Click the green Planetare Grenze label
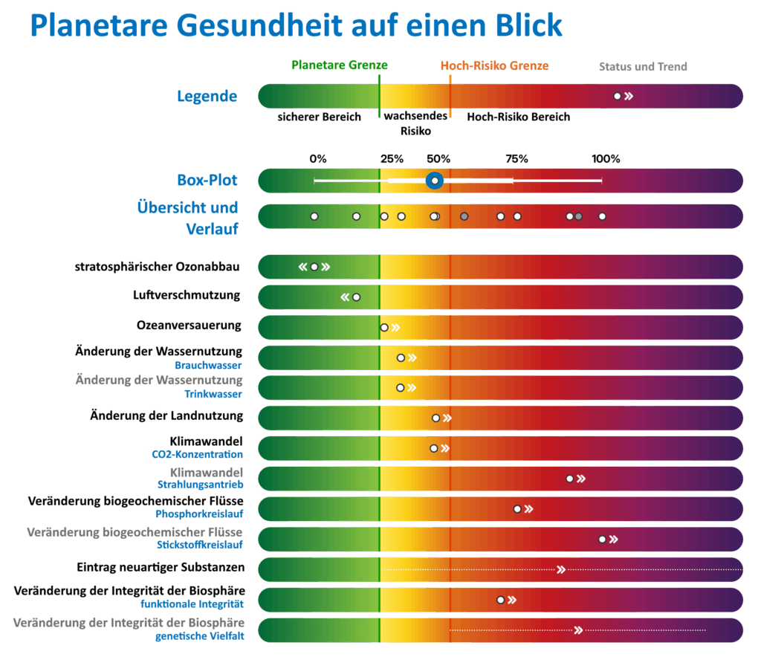[x=339, y=65]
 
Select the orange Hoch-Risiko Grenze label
[x=494, y=65]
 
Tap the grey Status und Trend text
[x=643, y=67]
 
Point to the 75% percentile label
[x=516, y=158]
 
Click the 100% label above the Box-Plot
[x=605, y=158]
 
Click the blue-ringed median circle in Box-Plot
[x=434, y=181]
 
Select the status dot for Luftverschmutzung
[x=356, y=297]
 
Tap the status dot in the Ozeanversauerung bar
[x=384, y=327]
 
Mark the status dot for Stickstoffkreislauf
[x=602, y=539]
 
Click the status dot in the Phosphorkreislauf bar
[x=517, y=509]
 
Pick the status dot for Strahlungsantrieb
[x=570, y=479]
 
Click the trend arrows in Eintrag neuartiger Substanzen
[x=561, y=569]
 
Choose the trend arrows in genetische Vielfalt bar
[x=577, y=630]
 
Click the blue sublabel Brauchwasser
[x=209, y=365]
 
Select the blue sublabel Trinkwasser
[x=213, y=395]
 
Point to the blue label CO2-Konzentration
[x=197, y=454]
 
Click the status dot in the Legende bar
[x=617, y=96]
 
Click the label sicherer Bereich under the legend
[x=319, y=117]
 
